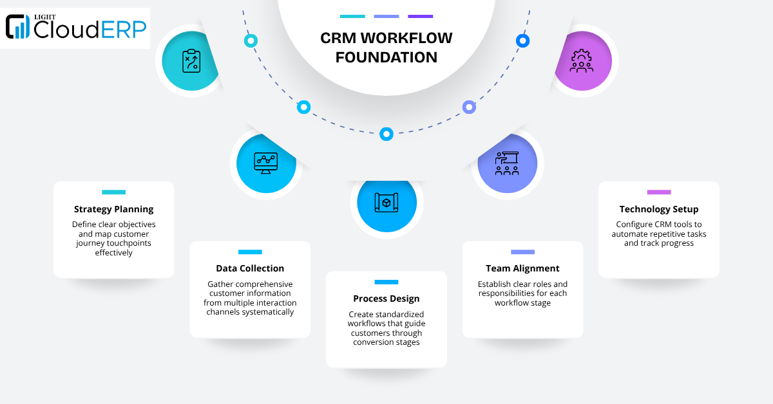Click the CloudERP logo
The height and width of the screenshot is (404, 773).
(75, 28)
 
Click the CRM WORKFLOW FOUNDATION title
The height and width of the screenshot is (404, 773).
(386, 48)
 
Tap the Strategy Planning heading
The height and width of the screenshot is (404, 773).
(113, 209)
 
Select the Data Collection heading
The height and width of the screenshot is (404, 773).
(250, 268)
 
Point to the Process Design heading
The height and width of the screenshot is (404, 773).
(386, 298)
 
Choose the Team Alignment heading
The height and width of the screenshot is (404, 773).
(522, 268)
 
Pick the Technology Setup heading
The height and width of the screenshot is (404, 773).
(658, 209)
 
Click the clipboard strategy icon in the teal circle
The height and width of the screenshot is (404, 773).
(192, 61)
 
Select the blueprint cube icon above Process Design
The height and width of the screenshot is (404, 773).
(386, 203)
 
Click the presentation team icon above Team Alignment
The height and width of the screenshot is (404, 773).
(507, 163)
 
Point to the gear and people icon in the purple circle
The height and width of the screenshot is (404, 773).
(581, 61)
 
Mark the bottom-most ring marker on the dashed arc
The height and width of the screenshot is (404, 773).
(386, 134)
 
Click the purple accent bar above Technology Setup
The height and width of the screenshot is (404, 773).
(658, 192)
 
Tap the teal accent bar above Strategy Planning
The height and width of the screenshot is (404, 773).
(113, 192)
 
